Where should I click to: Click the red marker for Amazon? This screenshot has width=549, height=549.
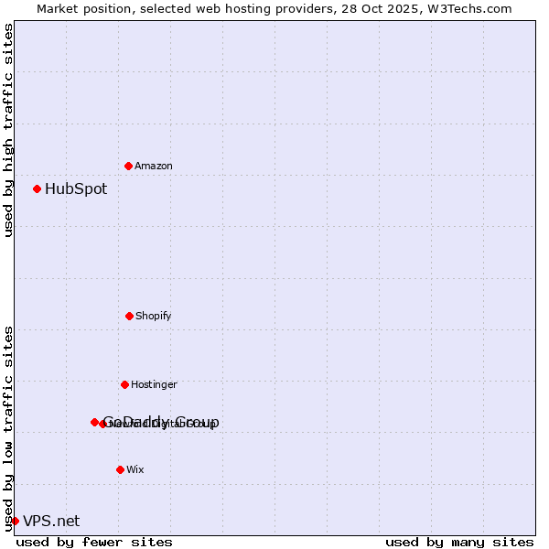128,166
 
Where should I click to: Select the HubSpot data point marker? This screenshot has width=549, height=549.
37,188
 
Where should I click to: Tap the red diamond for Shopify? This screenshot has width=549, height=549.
129,316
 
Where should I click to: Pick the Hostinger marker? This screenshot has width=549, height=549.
124,384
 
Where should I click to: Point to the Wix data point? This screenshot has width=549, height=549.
120,469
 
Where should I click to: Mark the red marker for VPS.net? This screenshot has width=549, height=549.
15,521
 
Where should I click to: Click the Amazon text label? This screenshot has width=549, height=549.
154,166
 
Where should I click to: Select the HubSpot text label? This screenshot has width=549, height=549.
76,189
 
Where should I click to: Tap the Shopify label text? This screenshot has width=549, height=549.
154,316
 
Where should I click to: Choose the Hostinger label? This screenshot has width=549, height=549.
154,384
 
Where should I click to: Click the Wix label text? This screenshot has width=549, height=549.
135,469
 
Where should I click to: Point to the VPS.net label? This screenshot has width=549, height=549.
51,521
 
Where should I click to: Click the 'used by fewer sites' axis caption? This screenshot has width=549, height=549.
94,542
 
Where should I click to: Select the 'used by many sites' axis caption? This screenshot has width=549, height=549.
459,542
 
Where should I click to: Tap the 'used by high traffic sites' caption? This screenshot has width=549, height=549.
8,131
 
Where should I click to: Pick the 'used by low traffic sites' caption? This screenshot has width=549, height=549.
8,427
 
